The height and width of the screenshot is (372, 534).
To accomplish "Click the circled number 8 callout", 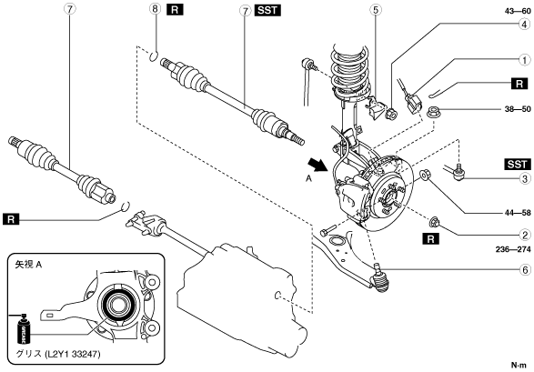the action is [x=156, y=9].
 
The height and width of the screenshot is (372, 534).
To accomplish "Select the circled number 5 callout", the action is [x=376, y=9].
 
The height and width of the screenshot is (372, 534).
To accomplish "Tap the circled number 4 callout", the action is [x=525, y=24].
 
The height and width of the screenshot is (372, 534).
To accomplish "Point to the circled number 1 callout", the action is [x=525, y=60].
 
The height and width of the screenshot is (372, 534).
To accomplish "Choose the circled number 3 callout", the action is [x=525, y=178].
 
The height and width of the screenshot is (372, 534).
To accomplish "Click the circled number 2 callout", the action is [x=525, y=235].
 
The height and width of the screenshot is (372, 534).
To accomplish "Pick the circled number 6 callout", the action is [x=525, y=270].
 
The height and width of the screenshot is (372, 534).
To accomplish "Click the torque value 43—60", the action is [x=518, y=11].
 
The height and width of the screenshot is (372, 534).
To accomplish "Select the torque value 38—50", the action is [x=518, y=109].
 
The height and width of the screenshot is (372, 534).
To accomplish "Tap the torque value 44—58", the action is [x=518, y=213].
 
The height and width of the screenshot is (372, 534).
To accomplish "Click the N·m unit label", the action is [x=519, y=366].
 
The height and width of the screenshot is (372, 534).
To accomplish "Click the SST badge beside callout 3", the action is [x=517, y=164].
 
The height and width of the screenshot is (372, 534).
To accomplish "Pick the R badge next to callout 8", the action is [x=175, y=9].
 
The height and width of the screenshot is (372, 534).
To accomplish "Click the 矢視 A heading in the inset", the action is [x=28, y=265].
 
